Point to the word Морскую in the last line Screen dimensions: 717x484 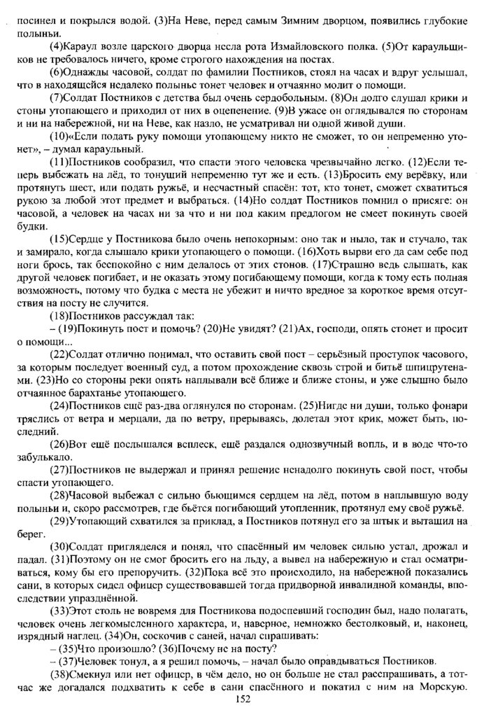point(445,687)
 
